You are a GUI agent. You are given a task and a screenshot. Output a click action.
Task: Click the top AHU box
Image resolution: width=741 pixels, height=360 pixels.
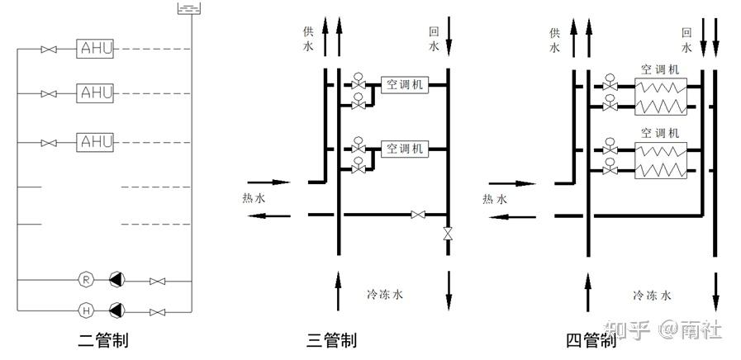[x=95, y=49]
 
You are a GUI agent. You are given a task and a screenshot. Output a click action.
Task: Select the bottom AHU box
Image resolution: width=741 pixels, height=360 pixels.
[x=95, y=142]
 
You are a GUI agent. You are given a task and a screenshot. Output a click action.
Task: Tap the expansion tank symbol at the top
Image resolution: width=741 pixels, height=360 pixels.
[x=190, y=9]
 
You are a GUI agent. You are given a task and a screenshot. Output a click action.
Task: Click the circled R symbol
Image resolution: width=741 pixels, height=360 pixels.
[x=87, y=281]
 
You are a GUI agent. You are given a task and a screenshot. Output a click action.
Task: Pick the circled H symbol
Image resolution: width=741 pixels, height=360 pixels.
[x=87, y=310]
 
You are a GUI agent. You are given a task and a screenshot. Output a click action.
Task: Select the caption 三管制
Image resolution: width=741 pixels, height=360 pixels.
[x=331, y=339]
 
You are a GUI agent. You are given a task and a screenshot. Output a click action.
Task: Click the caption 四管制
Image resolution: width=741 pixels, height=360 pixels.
[x=591, y=339]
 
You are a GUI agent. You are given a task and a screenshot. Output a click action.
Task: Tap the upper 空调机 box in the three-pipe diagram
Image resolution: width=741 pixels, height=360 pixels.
[x=404, y=85]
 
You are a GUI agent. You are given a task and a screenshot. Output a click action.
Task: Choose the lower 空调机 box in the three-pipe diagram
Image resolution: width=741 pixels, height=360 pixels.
[x=404, y=149]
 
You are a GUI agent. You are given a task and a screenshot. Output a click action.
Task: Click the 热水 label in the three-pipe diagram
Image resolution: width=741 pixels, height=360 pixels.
[x=254, y=198]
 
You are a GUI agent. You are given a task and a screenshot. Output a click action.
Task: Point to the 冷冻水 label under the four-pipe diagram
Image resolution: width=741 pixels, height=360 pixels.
[x=652, y=295]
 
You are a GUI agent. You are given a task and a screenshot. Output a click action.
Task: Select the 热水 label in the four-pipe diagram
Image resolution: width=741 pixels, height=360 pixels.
[x=495, y=198]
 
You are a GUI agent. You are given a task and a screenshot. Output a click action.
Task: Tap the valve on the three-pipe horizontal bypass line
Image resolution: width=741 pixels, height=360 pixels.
[x=418, y=216]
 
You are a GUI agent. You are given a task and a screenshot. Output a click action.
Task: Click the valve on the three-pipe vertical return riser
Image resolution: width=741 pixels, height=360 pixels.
[x=448, y=234]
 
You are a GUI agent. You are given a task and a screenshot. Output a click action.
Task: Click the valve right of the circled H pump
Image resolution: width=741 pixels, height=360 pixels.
[x=157, y=311]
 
